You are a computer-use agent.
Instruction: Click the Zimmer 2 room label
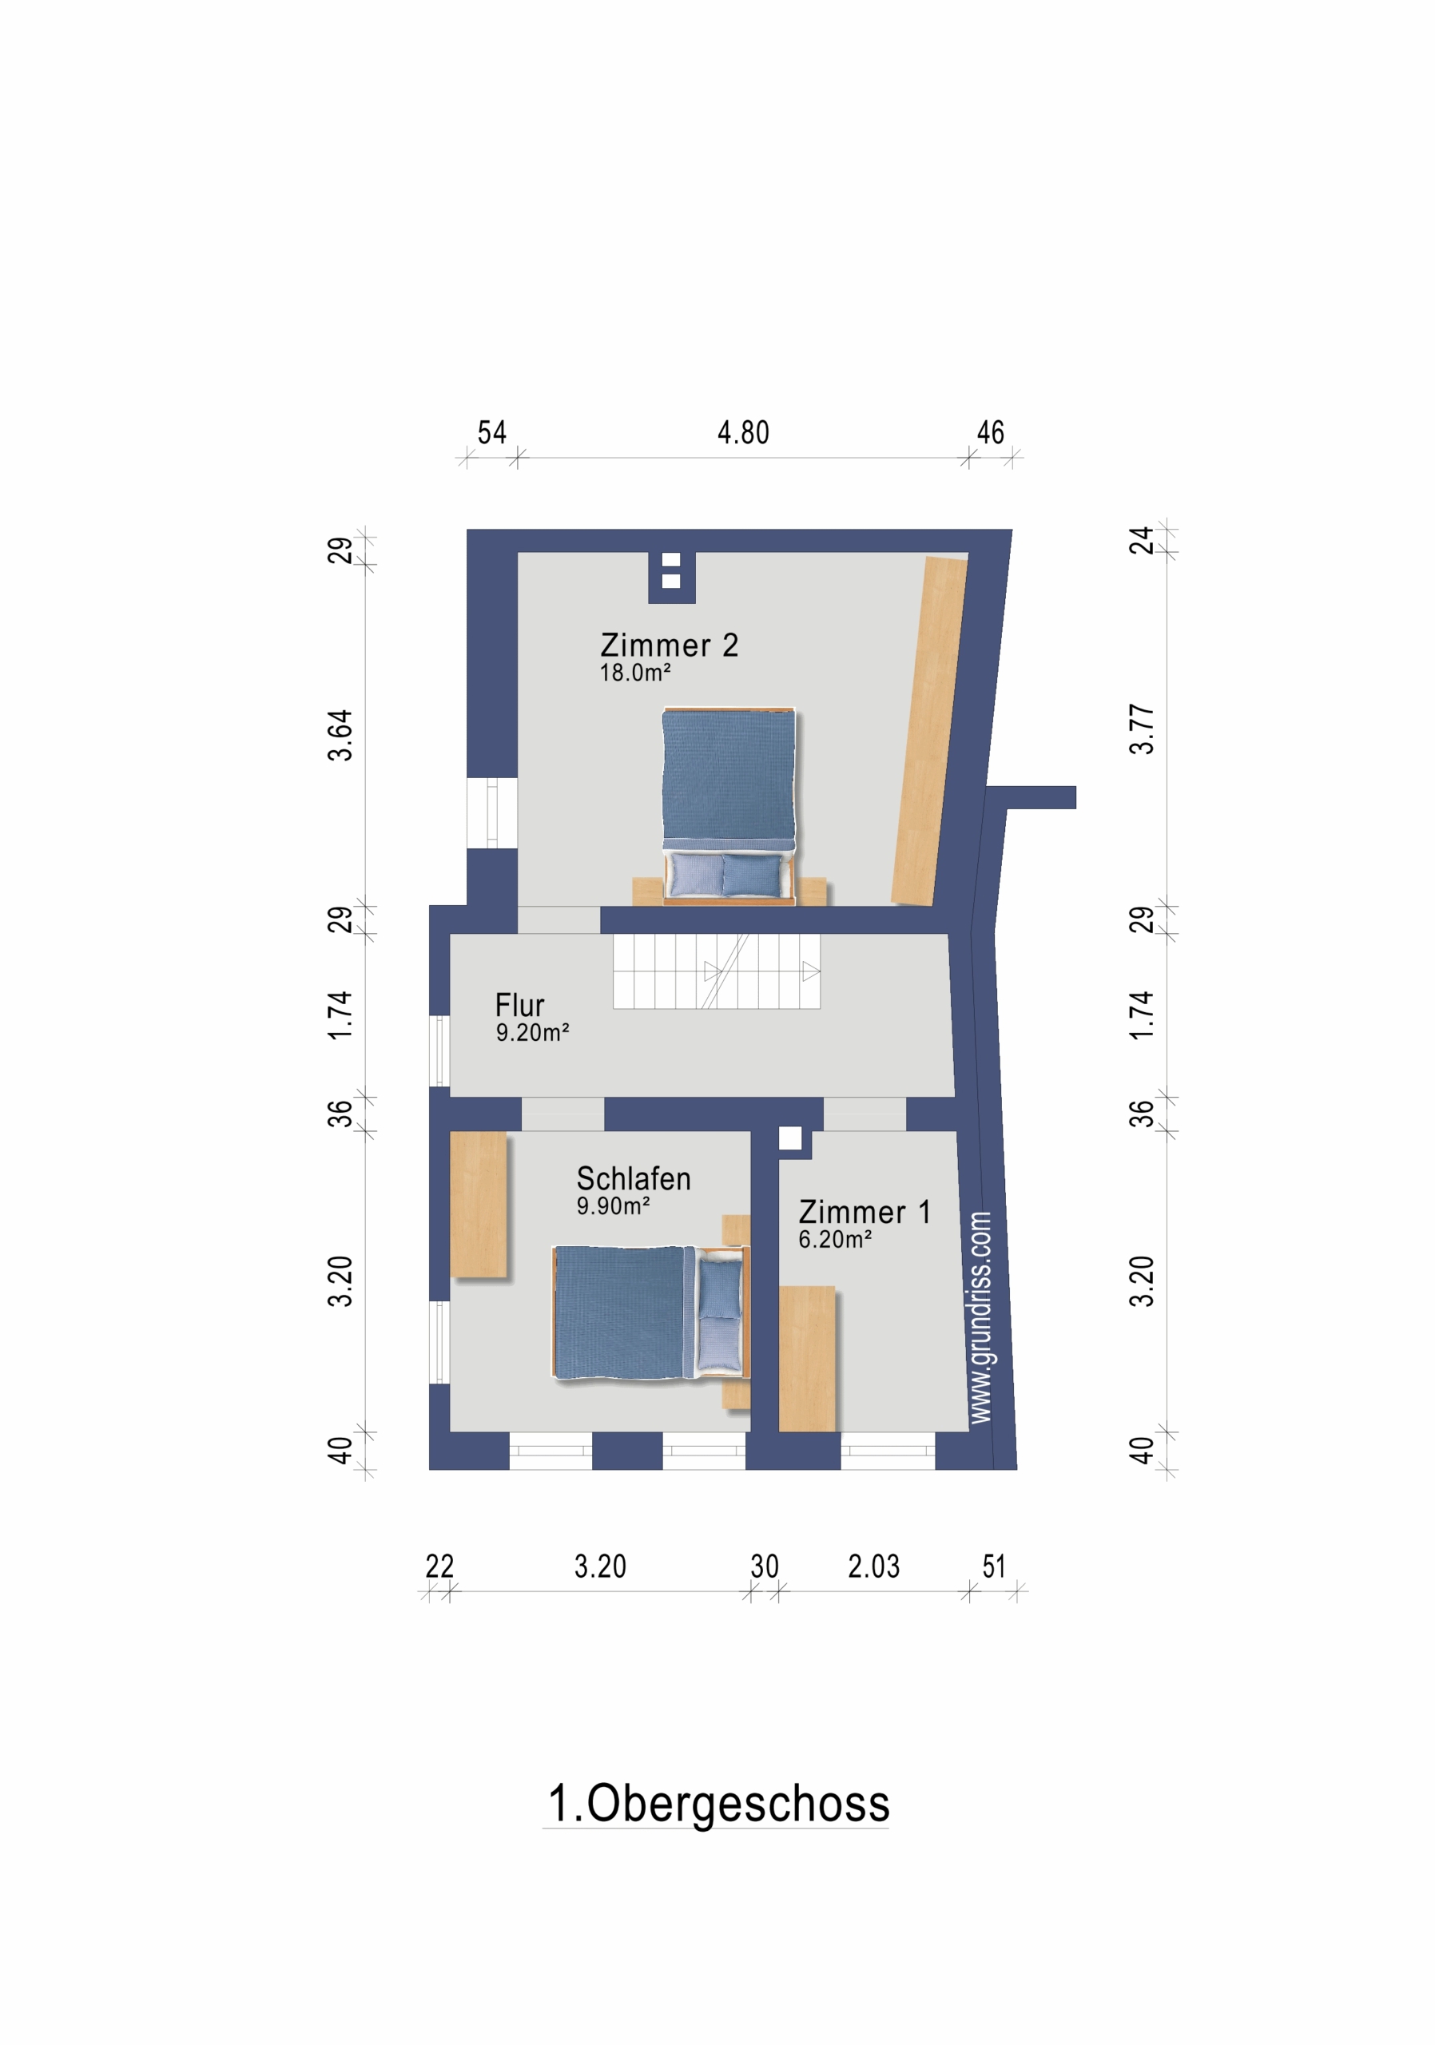click(x=669, y=645)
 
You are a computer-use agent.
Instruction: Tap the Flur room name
click(x=519, y=1006)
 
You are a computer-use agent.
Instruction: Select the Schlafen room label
click(x=634, y=1178)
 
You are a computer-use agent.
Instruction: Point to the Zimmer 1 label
click(x=864, y=1211)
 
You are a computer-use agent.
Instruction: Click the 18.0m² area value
click(x=634, y=673)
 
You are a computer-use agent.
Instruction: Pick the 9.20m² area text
click(x=532, y=1032)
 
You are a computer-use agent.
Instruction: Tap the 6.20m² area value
click(x=835, y=1239)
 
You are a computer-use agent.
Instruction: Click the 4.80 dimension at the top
click(x=743, y=433)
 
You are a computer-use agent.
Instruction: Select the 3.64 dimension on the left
click(x=340, y=736)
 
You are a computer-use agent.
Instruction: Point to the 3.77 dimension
click(x=1141, y=729)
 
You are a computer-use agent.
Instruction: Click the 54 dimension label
click(x=491, y=433)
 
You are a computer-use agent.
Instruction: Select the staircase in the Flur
click(x=716, y=971)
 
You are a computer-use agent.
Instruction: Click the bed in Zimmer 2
click(x=729, y=806)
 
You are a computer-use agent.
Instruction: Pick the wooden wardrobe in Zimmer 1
click(x=807, y=1358)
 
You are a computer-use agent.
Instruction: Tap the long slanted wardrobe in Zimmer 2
click(x=930, y=731)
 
